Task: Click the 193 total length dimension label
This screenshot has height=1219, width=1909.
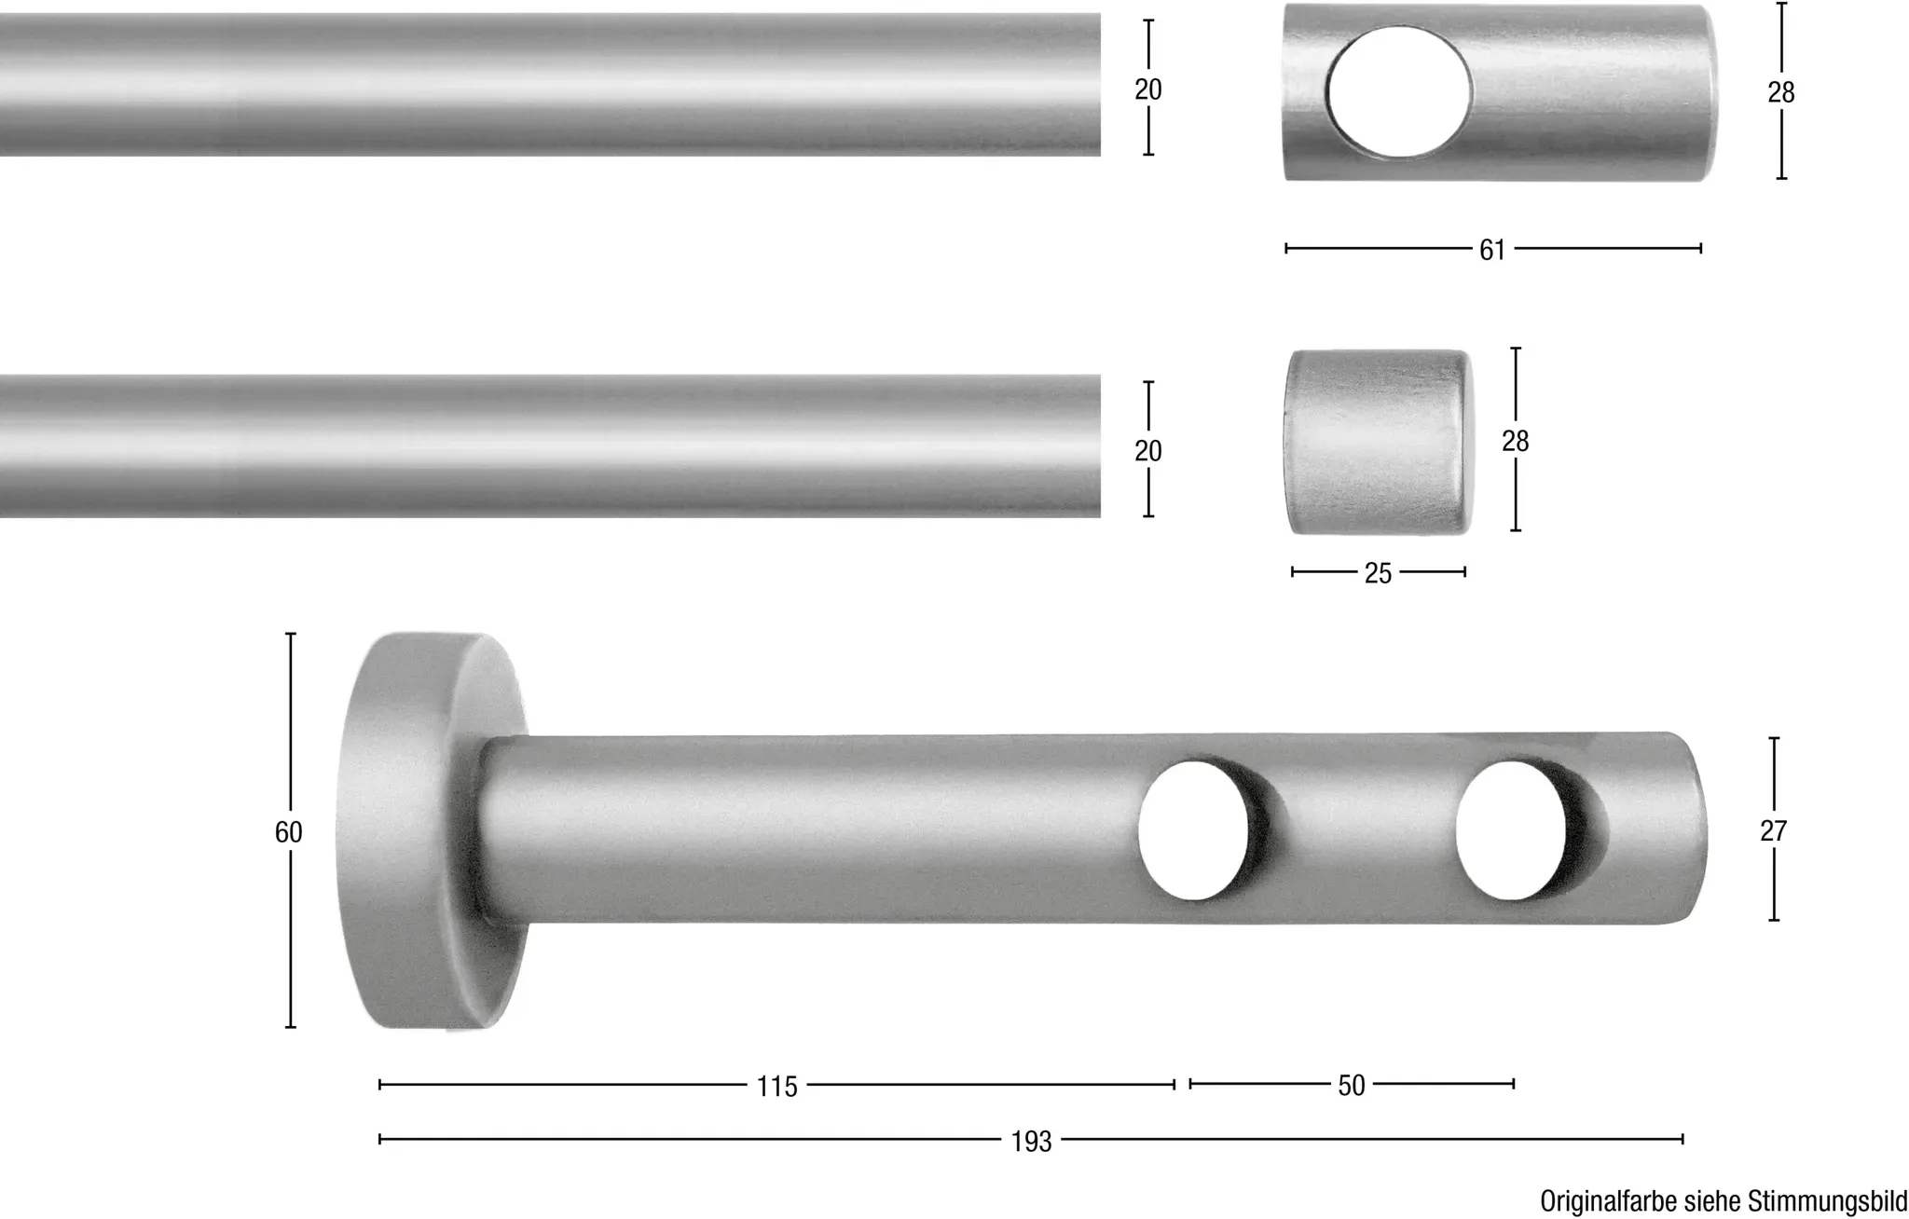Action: [x=1031, y=1142]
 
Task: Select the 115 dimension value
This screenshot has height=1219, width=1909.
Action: [x=777, y=1087]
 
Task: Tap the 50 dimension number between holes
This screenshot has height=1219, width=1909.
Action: [x=1352, y=1086]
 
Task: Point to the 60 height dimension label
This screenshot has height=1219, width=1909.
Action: [x=289, y=832]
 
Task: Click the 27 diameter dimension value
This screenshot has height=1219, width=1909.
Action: [x=1773, y=830]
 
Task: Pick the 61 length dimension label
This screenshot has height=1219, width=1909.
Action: [x=1492, y=250]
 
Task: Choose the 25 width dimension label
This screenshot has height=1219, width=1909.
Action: [x=1378, y=573]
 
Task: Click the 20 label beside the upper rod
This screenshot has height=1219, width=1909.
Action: [x=1148, y=89]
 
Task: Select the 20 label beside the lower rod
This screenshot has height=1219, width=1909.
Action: [x=1148, y=451]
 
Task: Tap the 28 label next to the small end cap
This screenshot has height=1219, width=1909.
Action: [x=1516, y=441]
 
